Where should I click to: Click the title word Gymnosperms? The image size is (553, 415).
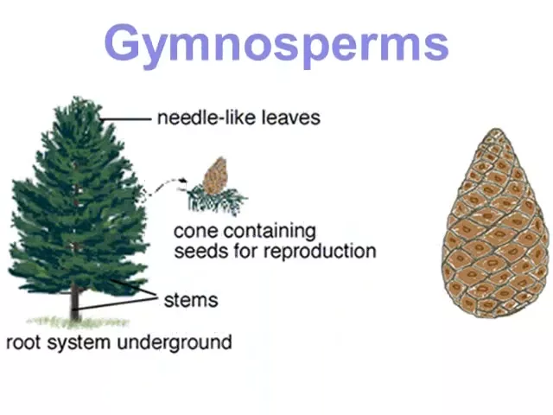point(276,46)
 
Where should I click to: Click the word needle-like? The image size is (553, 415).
point(207,118)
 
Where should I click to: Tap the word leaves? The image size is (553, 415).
point(291,118)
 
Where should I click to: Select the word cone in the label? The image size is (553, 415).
point(195,232)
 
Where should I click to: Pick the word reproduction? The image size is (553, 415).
point(320,252)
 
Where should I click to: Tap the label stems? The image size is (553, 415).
point(191,300)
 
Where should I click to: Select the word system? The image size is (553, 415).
point(79,343)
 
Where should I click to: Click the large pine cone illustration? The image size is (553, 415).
point(495,223)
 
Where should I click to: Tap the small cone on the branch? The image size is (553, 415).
point(215,176)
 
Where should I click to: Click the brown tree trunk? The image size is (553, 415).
point(75,302)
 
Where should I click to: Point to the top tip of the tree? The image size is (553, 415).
point(76,98)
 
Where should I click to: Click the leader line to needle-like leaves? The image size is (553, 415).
point(125,119)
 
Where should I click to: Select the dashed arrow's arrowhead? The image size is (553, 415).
point(183,181)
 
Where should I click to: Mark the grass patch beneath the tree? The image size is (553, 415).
point(79,322)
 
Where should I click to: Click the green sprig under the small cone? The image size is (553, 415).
point(216,201)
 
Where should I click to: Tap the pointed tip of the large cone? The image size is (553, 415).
point(496,129)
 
